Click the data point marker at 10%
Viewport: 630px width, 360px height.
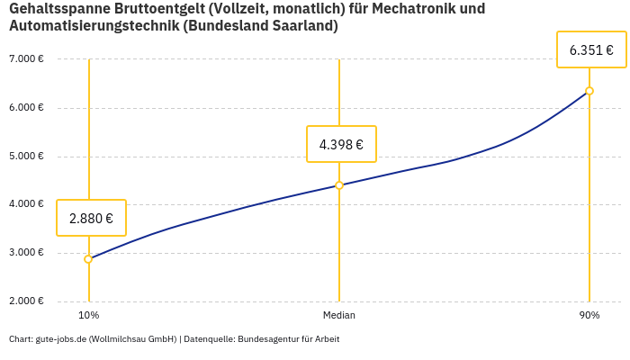(88, 259)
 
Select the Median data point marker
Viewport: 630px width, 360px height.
(339, 185)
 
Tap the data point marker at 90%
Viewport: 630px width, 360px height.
(589, 91)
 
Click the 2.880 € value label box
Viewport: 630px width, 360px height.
(91, 218)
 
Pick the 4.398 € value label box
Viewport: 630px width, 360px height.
(341, 144)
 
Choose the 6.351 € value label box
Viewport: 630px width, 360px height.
(591, 49)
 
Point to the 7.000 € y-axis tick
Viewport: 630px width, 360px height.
(26, 59)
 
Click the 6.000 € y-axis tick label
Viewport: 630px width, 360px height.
(26, 108)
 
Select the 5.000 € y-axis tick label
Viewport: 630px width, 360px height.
(26, 156)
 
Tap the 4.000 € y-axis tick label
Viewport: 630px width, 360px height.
(26, 204)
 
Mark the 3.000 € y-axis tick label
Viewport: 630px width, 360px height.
(26, 253)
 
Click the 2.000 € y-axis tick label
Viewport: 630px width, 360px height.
(26, 301)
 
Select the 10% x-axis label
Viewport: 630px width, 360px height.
(88, 316)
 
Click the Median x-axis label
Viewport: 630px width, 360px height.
(339, 316)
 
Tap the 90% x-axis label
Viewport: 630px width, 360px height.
(589, 316)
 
